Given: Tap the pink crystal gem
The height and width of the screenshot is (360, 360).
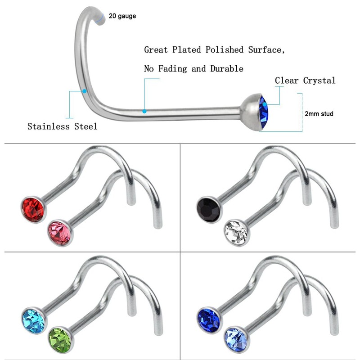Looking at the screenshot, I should (60, 233).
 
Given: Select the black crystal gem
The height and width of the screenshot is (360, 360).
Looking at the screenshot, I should (208, 208).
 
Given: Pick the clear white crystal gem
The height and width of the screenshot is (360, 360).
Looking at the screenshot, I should (235, 233).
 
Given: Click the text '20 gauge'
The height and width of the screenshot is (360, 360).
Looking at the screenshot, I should (122, 16).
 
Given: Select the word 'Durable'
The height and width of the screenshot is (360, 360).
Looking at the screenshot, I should (227, 69).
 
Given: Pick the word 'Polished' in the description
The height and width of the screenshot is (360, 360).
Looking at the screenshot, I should (223, 49).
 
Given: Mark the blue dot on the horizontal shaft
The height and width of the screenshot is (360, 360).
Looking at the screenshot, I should (144, 111).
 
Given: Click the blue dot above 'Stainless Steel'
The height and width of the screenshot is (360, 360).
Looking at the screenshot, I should (85, 91).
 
